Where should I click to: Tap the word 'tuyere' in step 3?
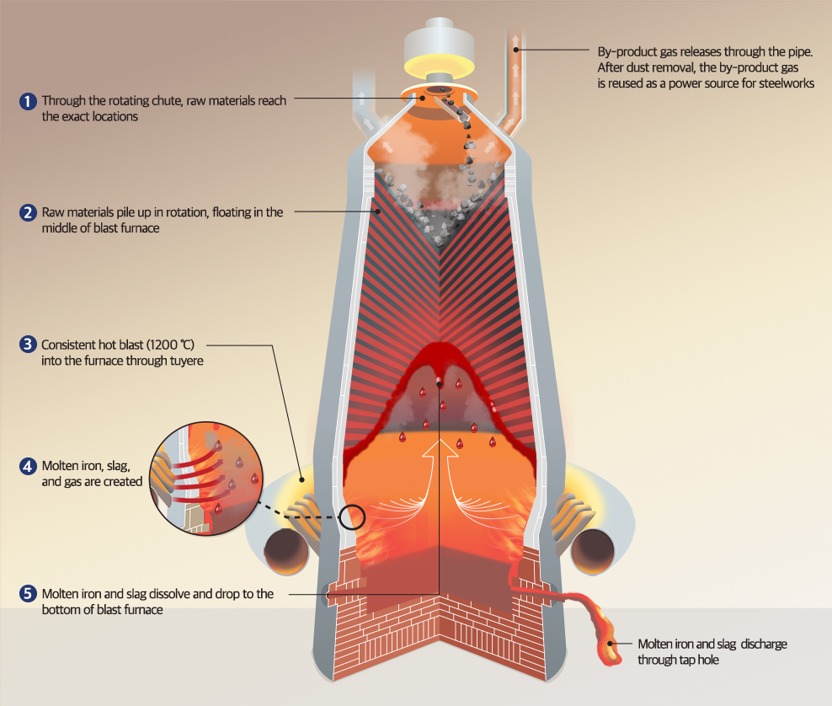[184, 360]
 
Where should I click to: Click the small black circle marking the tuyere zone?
[353, 516]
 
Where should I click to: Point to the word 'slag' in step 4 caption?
[117, 466]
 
